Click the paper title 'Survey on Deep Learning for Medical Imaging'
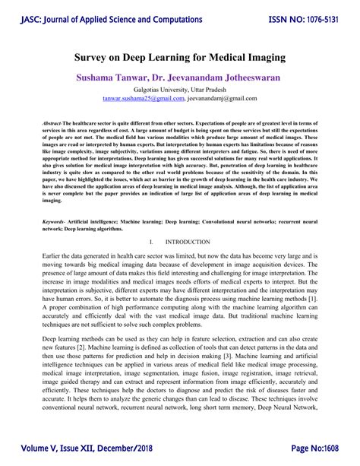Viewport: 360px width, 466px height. click(x=179, y=57)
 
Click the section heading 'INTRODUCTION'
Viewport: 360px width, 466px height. click(x=189, y=242)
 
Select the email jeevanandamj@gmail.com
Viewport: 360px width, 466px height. click(x=223, y=99)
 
